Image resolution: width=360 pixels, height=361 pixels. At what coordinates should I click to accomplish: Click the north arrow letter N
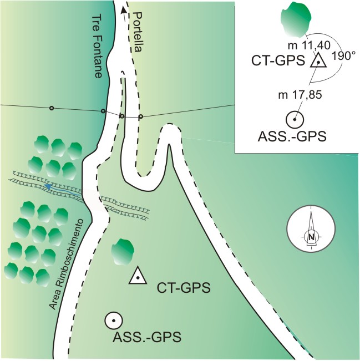click(x=311, y=237)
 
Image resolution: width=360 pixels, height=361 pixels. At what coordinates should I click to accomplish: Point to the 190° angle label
click(x=342, y=56)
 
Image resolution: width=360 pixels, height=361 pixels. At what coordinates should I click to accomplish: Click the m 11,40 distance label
click(x=310, y=45)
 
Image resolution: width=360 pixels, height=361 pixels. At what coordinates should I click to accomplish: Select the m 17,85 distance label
click(x=300, y=95)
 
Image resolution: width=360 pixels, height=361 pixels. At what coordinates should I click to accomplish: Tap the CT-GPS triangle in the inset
click(x=318, y=60)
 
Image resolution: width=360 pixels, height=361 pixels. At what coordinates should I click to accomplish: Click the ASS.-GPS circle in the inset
click(x=295, y=120)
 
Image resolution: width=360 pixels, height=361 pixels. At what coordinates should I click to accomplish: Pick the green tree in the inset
click(x=296, y=19)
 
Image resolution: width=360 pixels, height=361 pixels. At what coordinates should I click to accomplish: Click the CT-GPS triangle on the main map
click(x=138, y=276)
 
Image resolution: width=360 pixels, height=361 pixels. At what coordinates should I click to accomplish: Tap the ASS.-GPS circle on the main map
click(x=114, y=321)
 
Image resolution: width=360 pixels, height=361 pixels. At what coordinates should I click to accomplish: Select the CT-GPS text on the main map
click(x=184, y=288)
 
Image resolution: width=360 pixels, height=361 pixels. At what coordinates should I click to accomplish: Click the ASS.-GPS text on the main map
click(x=147, y=337)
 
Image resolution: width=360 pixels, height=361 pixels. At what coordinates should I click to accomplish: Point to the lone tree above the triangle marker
click(x=123, y=252)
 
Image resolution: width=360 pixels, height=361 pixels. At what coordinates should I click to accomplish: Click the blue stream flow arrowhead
click(x=48, y=186)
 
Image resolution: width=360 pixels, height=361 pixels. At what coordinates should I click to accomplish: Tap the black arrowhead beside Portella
click(x=124, y=10)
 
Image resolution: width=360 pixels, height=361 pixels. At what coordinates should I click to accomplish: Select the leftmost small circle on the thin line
click(x=52, y=108)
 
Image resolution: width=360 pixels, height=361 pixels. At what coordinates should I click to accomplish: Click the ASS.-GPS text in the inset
click(x=292, y=137)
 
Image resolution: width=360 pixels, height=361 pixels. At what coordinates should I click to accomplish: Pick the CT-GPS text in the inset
click(x=278, y=61)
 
